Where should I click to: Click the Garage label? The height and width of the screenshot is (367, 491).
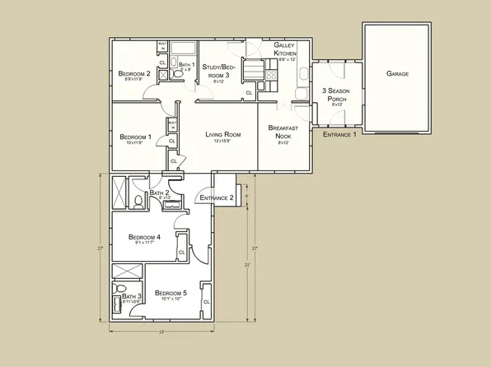click(x=397, y=74)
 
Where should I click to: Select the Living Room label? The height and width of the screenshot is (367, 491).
click(x=222, y=134)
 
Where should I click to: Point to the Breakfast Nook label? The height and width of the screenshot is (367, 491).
click(x=283, y=132)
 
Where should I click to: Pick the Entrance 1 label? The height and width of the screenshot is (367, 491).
click(x=339, y=134)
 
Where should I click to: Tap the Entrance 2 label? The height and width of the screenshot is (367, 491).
click(x=216, y=198)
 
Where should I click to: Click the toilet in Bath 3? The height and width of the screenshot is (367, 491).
click(x=117, y=312)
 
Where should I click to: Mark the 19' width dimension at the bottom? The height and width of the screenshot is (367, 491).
click(x=161, y=332)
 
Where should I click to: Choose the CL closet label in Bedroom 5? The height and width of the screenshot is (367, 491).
click(x=206, y=302)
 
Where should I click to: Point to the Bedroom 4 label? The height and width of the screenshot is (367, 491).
click(x=144, y=237)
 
